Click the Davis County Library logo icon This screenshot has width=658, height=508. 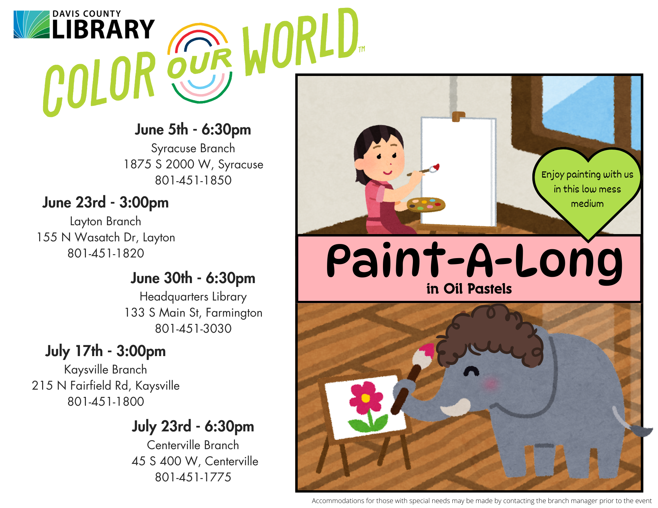click(32, 24)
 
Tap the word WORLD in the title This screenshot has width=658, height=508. click(301, 41)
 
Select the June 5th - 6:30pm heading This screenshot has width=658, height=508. click(193, 130)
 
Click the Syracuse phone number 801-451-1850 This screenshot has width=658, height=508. click(193, 180)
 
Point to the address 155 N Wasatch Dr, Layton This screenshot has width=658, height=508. click(106, 237)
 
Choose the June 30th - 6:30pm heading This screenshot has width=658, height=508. click(193, 278)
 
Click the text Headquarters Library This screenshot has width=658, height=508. click(193, 297)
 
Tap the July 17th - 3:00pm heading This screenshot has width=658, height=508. click(105, 351)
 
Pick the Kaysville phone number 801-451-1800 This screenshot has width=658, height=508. click(106, 401)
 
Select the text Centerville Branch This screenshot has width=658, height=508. click(193, 445)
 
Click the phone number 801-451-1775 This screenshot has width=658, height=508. click(193, 477)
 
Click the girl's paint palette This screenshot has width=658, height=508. click(426, 205)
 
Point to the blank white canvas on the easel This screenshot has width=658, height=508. click(458, 171)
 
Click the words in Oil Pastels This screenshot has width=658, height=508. click(469, 289)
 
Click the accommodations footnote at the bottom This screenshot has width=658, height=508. click(482, 501)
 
